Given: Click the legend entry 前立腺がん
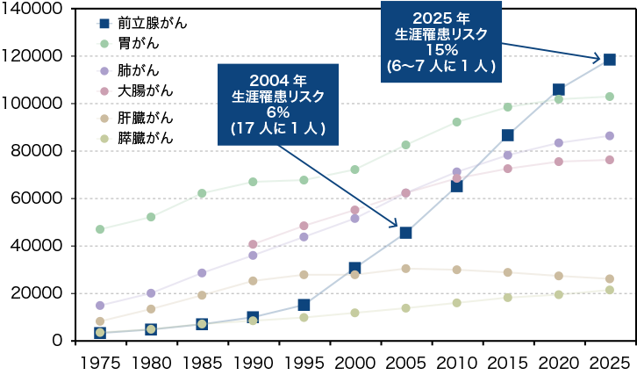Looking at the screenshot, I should point(140,20).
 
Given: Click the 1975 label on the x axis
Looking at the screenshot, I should point(100,362).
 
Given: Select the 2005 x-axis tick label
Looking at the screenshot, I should point(405,362).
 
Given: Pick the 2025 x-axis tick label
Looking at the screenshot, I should point(609,362).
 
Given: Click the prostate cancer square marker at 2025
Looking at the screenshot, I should point(609,59).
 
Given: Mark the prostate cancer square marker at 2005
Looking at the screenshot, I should point(405,233).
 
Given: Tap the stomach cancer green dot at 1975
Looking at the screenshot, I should point(100,229).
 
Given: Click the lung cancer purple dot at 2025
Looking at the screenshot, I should point(609,136).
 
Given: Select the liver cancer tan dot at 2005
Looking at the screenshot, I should point(405,269).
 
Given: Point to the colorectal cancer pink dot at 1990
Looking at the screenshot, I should point(253,244).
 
